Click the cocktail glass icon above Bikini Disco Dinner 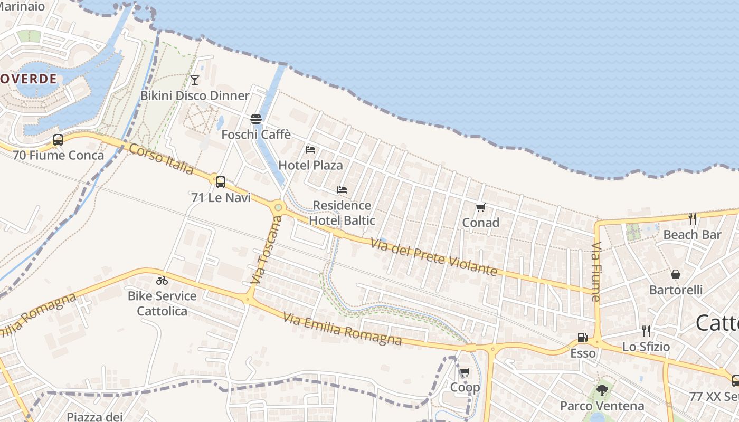point(195,80)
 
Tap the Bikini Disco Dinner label point(195,95)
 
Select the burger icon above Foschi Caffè point(256,119)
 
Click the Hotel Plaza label point(310,165)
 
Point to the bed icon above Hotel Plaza point(310,150)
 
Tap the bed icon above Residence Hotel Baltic point(342,190)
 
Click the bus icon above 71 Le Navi point(221,182)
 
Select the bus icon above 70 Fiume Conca point(58,140)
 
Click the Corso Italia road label point(162,159)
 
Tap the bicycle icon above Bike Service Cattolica point(162,281)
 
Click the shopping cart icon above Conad point(480,207)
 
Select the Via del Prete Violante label point(433,257)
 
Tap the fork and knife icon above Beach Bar point(692,218)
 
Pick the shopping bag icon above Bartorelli point(676,274)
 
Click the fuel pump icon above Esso point(583,338)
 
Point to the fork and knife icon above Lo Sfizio point(646,331)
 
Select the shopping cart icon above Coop point(465,372)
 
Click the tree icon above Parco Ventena point(602,390)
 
